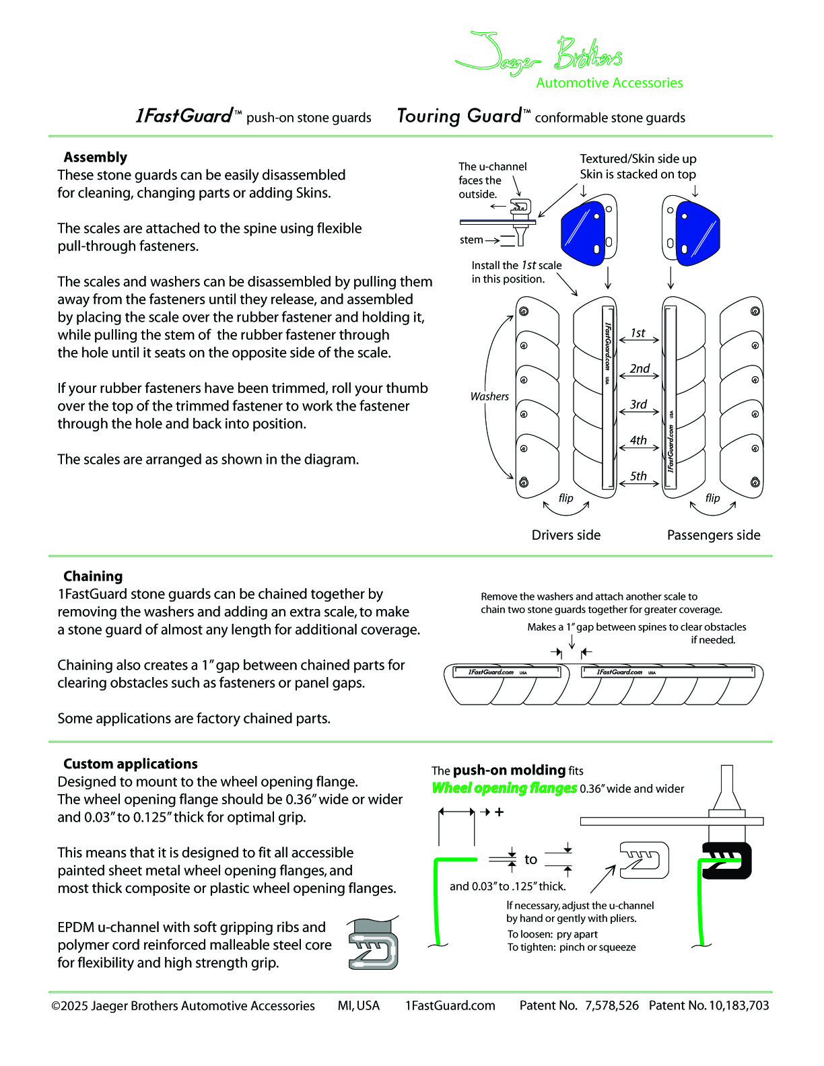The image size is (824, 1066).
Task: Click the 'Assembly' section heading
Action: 95,157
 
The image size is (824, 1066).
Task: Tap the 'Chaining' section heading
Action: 93,577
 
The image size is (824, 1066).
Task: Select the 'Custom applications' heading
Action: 130,764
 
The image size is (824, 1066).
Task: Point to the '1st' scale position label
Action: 638,333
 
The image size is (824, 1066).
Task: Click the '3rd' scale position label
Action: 638,404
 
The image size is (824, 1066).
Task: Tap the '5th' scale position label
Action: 638,476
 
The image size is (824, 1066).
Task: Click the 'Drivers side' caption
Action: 565,535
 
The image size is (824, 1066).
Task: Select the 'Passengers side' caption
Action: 713,535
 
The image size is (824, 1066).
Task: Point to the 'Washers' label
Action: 489,397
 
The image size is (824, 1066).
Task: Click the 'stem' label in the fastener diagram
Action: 471,240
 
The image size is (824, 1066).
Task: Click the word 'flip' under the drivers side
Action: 565,498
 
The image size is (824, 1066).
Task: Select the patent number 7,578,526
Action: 611,1006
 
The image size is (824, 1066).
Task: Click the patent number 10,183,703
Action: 739,1006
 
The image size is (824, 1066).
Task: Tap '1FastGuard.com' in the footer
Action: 450,1006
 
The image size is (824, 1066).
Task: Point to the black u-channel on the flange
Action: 727,861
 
